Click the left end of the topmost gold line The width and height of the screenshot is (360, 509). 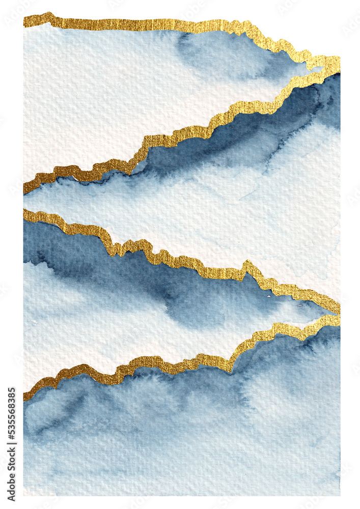click(x=25, y=21)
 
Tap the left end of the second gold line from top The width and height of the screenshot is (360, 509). click(x=25, y=188)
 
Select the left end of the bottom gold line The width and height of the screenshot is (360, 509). click(x=25, y=394)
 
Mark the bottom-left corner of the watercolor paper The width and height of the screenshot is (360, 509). click(x=24, y=494)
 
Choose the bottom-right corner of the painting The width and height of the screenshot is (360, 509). click(x=339, y=494)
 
